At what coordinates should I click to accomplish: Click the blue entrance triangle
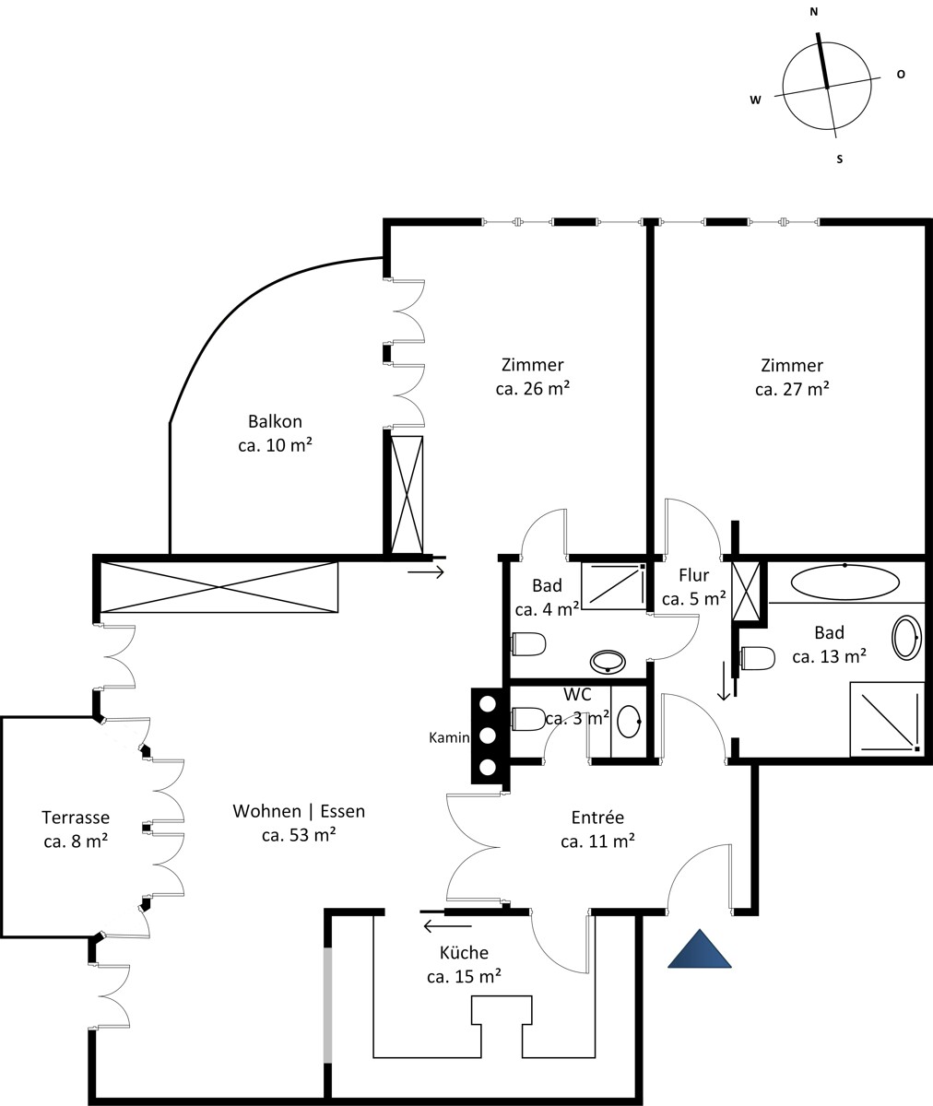pyautogui.click(x=700, y=948)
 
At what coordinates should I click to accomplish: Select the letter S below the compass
pyautogui.click(x=839, y=159)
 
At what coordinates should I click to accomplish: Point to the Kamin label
pyautogui.click(x=449, y=737)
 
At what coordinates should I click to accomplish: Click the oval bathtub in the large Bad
pyautogui.click(x=845, y=582)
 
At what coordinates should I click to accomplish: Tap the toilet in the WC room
pyautogui.click(x=528, y=719)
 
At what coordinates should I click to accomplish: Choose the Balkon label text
pyautogui.click(x=275, y=421)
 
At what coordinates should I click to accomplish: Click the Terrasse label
pyautogui.click(x=76, y=818)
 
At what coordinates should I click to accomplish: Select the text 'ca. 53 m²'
pyautogui.click(x=299, y=835)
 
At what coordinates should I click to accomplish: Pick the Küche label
pyautogui.click(x=464, y=952)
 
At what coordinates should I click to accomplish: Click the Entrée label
pyautogui.click(x=597, y=818)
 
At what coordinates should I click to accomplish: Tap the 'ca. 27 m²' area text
pyautogui.click(x=792, y=389)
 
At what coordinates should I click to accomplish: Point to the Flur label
pyautogui.click(x=694, y=575)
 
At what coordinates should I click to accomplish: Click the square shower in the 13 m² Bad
pyautogui.click(x=886, y=719)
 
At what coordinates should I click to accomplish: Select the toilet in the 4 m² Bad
pyautogui.click(x=528, y=644)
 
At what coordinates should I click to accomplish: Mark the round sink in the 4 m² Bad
pyautogui.click(x=608, y=662)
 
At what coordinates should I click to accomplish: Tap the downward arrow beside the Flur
pyautogui.click(x=724, y=681)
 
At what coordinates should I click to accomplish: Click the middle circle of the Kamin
pyautogui.click(x=488, y=735)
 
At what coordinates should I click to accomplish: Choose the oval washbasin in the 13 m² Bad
pyautogui.click(x=907, y=638)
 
